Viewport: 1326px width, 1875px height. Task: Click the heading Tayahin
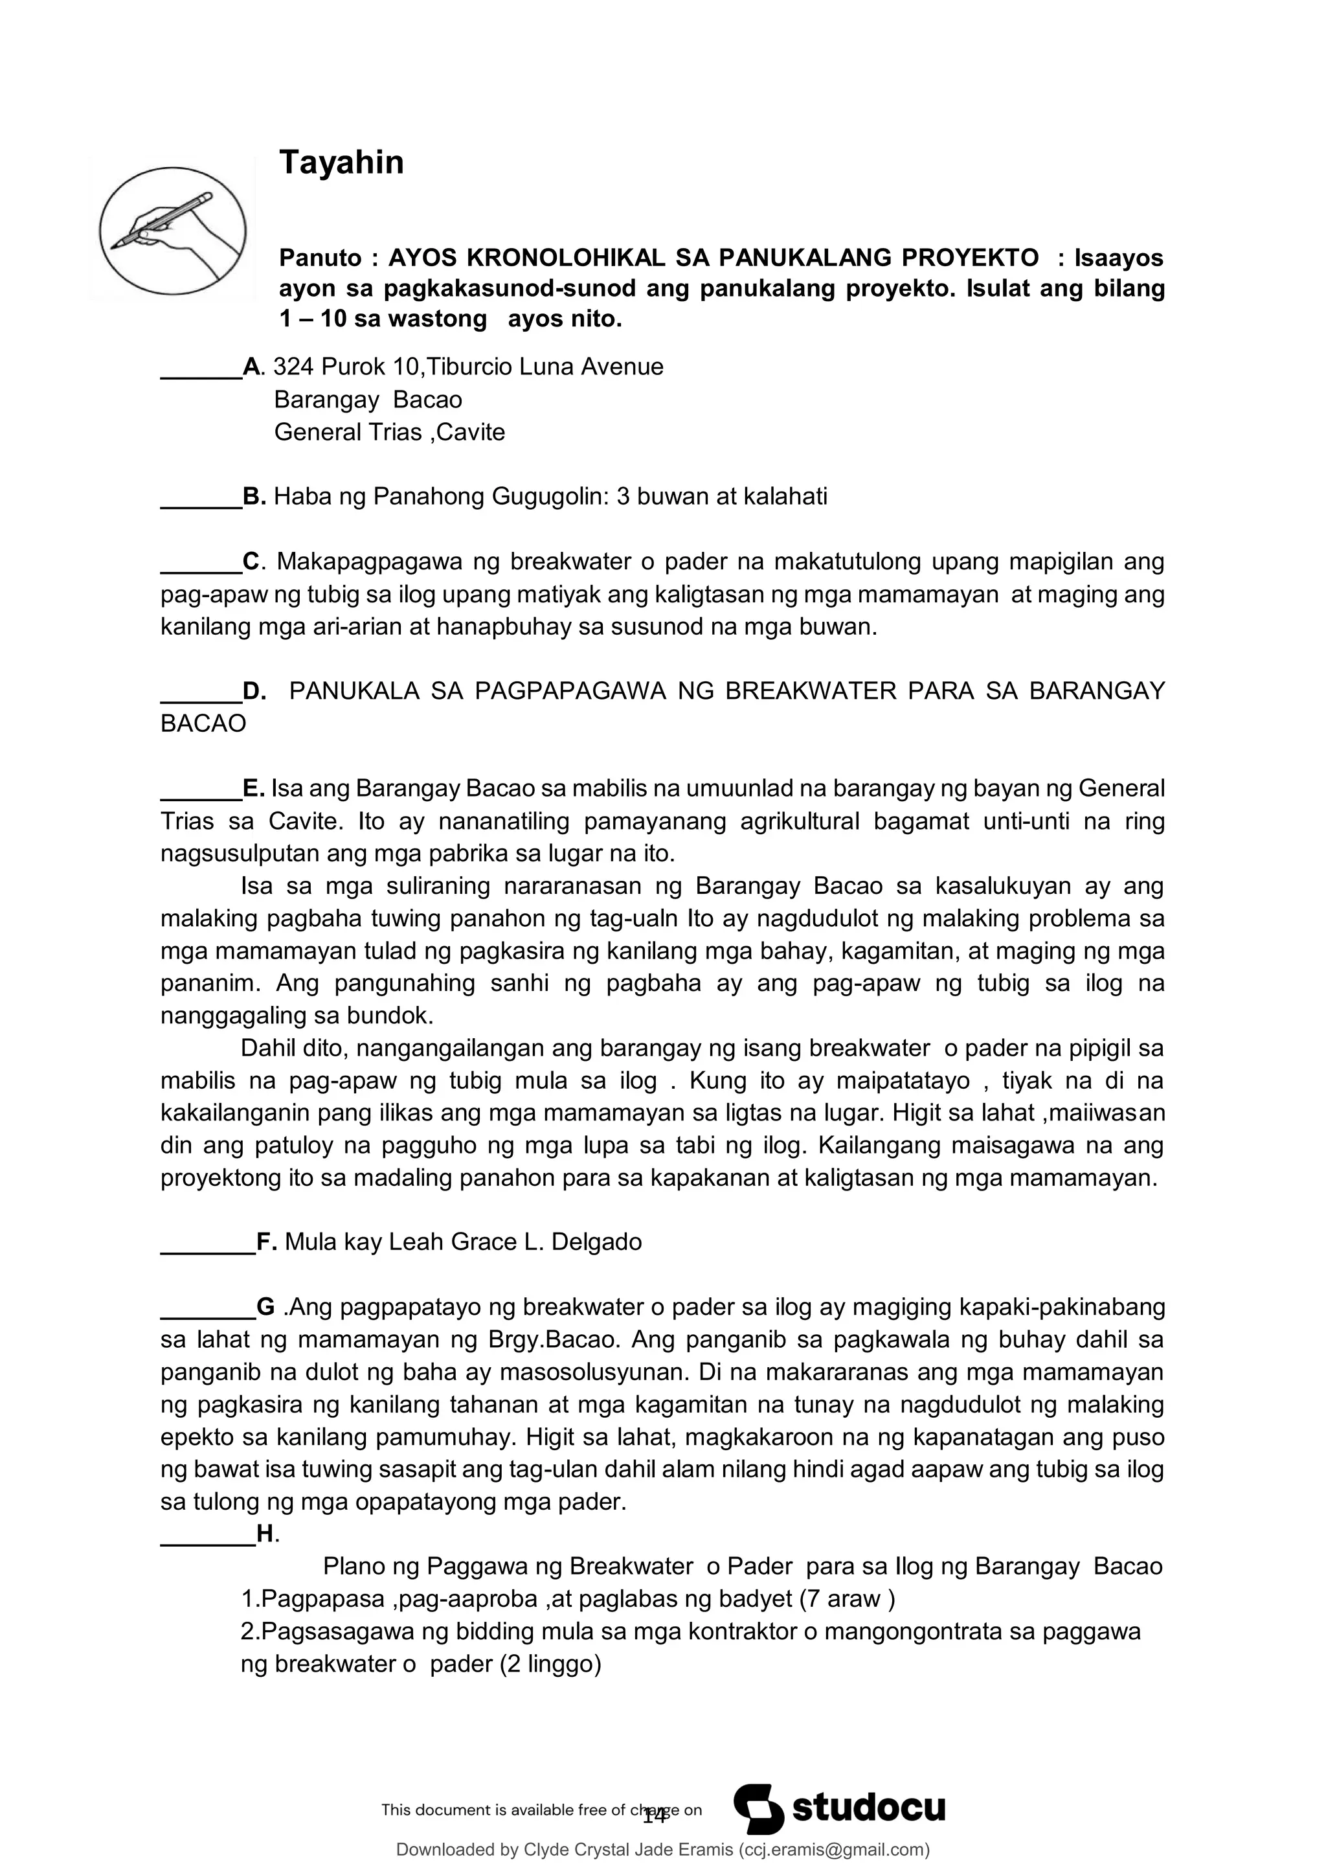(341, 163)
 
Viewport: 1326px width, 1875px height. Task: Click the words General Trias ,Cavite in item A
(390, 432)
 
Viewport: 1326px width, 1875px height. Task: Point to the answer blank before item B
(201, 498)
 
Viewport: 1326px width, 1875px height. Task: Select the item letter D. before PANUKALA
(254, 692)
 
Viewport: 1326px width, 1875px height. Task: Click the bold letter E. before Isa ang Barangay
(253, 789)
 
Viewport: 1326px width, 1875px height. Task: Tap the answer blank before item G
(207, 1309)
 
